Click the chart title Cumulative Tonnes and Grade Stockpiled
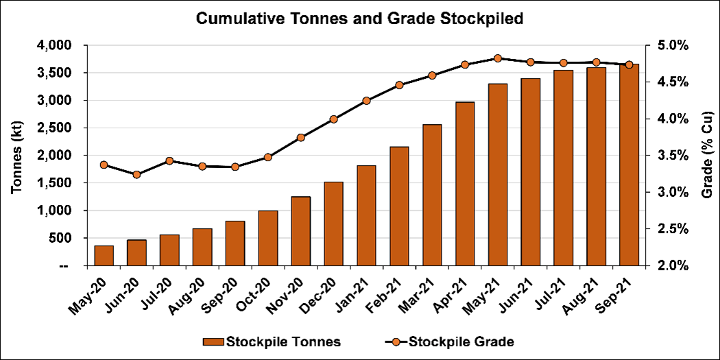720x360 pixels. pyautogui.click(x=359, y=19)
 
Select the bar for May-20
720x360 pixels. pyautogui.click(x=104, y=255)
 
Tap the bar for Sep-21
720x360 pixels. pyautogui.click(x=629, y=165)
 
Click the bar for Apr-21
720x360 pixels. pyautogui.click(x=465, y=183)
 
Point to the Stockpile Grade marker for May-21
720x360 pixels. pyautogui.click(x=498, y=58)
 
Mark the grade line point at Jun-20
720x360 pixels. pyautogui.click(x=136, y=175)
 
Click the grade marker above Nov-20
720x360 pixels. pyautogui.click(x=301, y=138)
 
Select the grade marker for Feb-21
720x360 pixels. pyautogui.click(x=399, y=85)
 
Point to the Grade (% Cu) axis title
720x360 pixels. pyautogui.click(x=706, y=156)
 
